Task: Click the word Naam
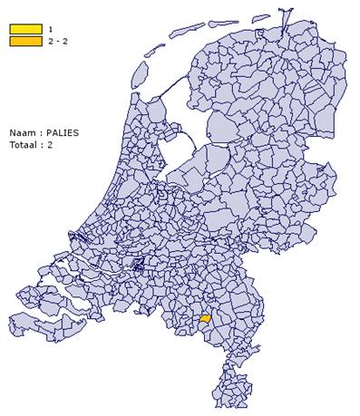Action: (x=21, y=131)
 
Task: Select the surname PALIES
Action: (x=61, y=131)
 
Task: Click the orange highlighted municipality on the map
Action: (x=205, y=319)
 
